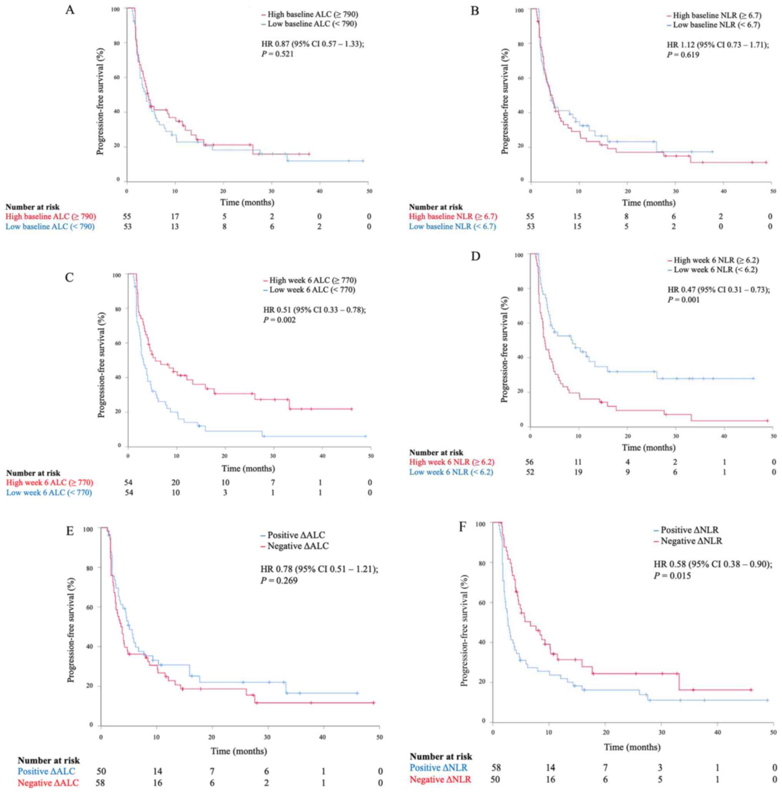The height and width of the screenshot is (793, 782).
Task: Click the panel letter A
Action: (x=70, y=10)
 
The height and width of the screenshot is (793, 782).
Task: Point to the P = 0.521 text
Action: (x=278, y=54)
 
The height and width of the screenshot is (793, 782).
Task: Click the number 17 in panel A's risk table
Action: (x=175, y=216)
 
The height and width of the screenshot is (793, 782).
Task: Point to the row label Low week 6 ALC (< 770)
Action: (x=49, y=492)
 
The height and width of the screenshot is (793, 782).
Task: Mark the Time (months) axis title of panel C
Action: (x=248, y=468)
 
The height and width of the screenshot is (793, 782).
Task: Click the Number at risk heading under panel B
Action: (x=435, y=207)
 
